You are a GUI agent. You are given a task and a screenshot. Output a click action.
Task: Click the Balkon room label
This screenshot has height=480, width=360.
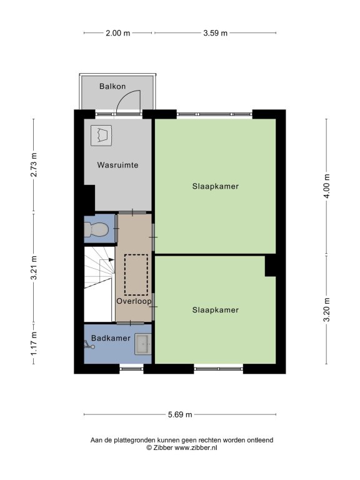point(112,86)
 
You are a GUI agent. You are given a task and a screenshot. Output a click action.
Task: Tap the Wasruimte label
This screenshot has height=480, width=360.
point(118,165)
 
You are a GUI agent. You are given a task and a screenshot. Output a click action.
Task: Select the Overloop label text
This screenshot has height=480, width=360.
point(134,301)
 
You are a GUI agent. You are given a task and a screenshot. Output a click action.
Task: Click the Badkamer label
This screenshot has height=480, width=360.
point(111,338)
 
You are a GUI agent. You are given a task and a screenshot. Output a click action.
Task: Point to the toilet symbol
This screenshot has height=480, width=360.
point(96,229)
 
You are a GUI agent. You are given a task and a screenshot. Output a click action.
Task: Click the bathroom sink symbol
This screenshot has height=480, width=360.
point(143,344)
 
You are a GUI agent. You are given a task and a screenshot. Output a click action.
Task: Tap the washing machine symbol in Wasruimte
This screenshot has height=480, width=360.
point(101,135)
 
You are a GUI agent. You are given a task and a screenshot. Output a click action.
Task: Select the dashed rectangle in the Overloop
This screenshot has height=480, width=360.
point(136,274)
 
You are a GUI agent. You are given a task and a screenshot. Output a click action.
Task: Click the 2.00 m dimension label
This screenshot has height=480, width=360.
point(118,33)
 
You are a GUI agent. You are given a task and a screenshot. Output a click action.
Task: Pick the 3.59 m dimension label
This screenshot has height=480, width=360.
point(216,33)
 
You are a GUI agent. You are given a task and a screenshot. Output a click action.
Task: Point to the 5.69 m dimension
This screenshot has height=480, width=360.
point(180,414)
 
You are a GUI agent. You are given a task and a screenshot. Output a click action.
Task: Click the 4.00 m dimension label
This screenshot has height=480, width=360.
point(327,186)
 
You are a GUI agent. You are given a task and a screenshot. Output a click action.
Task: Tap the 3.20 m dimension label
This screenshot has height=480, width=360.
point(327,309)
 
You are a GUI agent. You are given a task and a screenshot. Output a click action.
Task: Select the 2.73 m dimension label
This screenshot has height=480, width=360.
point(34,165)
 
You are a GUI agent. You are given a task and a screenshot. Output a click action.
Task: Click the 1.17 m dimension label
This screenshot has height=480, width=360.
point(34,344)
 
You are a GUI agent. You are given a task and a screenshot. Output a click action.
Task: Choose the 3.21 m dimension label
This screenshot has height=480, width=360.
point(34,267)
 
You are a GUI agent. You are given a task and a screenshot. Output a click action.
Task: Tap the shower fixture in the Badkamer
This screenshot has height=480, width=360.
point(89,345)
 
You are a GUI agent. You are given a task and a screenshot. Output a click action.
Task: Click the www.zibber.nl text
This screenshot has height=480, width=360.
point(196,447)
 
